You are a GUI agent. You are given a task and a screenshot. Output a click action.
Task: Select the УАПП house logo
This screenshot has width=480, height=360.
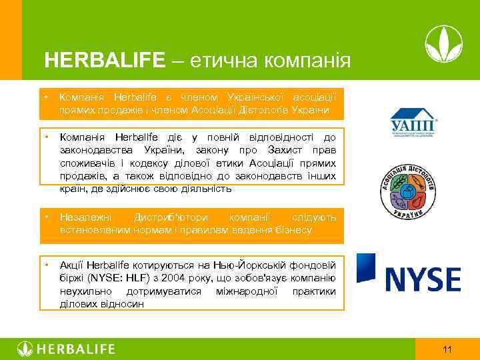pos(413,123)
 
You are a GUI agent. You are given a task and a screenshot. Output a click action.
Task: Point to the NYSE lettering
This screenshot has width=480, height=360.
pos(423,279)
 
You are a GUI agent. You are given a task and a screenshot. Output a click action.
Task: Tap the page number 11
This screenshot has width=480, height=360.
pos(447,349)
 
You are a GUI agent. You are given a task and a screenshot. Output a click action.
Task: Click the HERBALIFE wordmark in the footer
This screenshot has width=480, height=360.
pos(77,349)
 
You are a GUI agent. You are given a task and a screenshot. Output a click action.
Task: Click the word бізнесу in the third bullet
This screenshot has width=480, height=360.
pos(292,230)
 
